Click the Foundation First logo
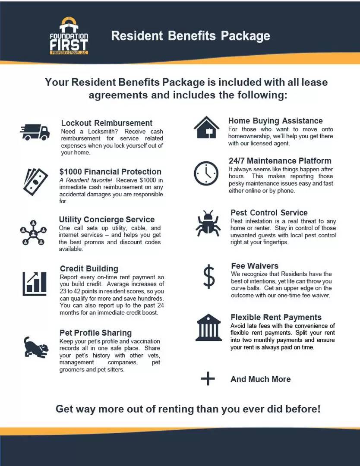69,36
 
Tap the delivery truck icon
35,132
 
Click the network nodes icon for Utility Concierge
33,233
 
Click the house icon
206,127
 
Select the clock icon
206,173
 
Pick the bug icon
208,223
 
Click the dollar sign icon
208,277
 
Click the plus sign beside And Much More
208,379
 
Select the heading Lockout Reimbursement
107,123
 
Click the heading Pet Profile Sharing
95,333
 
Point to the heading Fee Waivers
255,266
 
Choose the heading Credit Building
89,269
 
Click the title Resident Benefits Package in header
190,36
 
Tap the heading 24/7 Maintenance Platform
280,161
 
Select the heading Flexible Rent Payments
276,318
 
